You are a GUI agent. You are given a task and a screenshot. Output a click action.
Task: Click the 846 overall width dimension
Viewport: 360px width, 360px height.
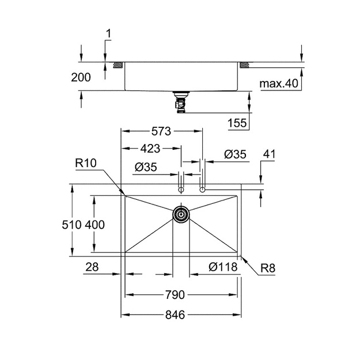[x=175, y=314]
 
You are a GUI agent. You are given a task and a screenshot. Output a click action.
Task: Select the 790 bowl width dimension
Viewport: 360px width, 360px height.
[x=175, y=295]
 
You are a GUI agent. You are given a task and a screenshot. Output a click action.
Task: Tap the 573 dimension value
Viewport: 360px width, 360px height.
[x=161, y=131]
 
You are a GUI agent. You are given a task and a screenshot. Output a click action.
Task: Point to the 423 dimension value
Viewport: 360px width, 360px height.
[x=150, y=149]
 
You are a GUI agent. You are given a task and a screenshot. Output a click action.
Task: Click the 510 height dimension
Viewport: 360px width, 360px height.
[x=71, y=225]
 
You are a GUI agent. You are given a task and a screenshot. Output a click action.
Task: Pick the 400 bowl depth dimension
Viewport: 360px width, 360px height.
[x=95, y=225]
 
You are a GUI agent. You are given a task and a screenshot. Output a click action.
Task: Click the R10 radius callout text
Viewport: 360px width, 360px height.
[x=86, y=163]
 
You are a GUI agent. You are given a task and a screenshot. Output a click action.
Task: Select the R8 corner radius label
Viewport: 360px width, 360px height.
[x=268, y=268]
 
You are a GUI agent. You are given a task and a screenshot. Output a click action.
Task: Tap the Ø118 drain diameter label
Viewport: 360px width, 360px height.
[x=223, y=267]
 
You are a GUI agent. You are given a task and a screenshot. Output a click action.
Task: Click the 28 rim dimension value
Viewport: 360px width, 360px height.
[x=92, y=267]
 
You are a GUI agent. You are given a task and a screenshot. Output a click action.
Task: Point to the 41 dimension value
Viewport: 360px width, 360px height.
[x=269, y=154]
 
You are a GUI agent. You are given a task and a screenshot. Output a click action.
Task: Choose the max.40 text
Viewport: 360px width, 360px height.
[x=279, y=84]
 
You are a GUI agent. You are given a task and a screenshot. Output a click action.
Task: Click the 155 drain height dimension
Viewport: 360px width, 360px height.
[x=237, y=123]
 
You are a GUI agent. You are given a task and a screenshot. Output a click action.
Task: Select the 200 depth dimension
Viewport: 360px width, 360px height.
[x=81, y=77]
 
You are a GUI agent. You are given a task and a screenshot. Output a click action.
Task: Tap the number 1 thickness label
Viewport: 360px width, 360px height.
[x=109, y=33]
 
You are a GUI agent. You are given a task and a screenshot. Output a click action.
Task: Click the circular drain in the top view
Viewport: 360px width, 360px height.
[x=181, y=214]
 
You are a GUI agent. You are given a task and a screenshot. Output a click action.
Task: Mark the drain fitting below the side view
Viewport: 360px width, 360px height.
[x=181, y=103]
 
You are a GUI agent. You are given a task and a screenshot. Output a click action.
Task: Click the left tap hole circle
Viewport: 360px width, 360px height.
[x=181, y=190]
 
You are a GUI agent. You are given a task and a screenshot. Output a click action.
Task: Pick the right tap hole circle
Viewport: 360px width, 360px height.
[x=202, y=190]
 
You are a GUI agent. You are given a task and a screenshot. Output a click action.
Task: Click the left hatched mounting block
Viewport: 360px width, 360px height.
[x=119, y=65]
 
